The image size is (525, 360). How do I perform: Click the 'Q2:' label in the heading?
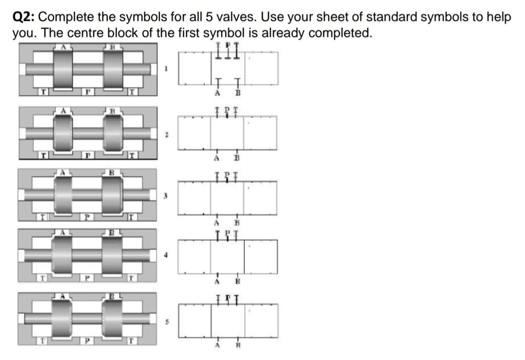click(23, 17)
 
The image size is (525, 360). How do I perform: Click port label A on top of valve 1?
click(62, 47)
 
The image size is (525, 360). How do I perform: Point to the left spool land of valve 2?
click(62, 134)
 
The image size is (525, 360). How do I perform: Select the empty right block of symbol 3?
click(260, 196)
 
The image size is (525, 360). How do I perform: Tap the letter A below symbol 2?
click(215, 157)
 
